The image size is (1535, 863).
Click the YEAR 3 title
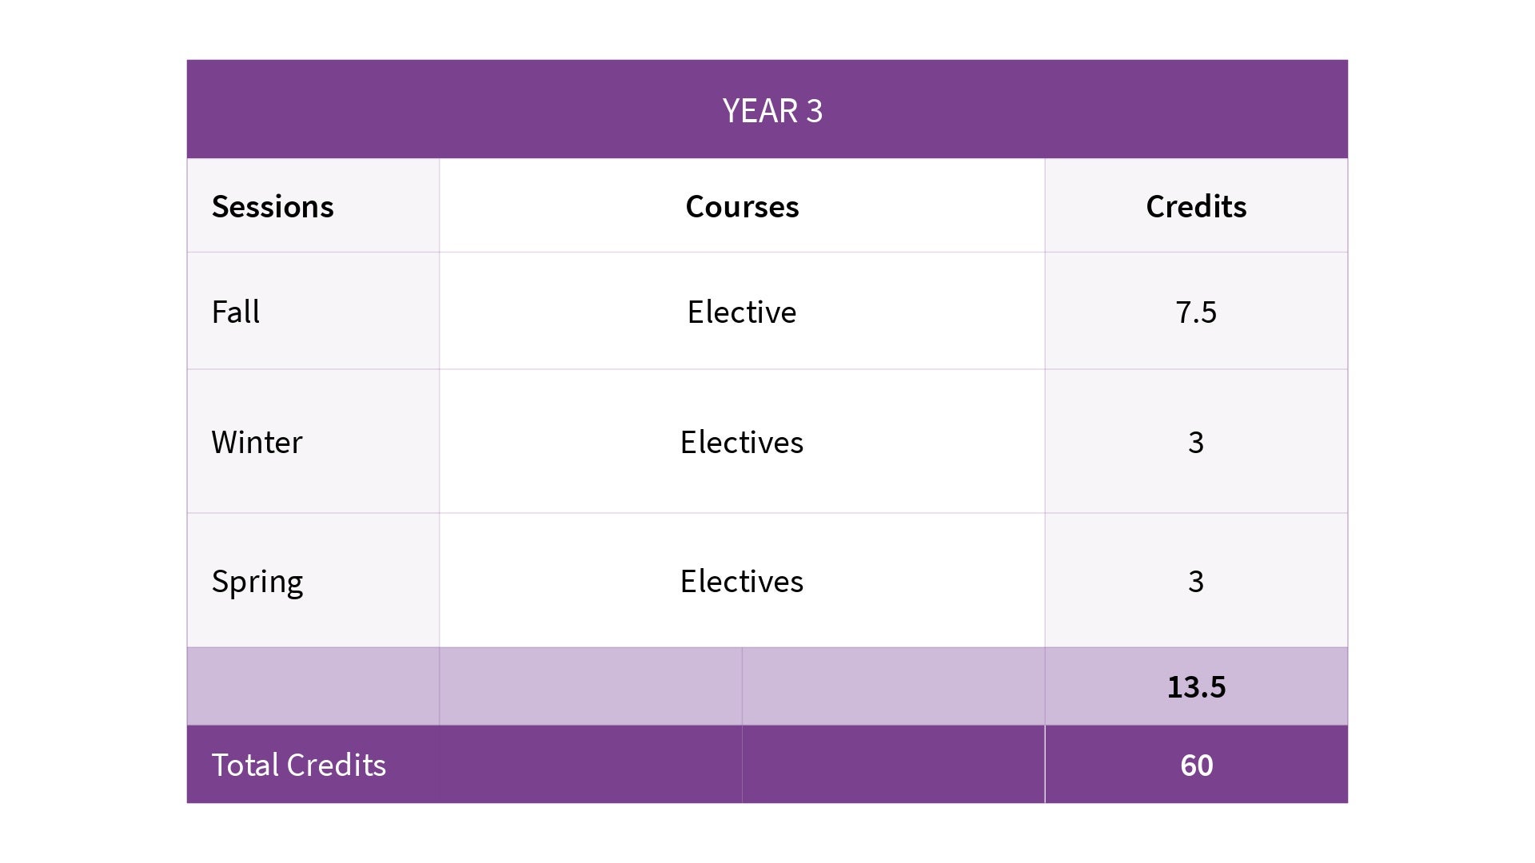[x=771, y=110]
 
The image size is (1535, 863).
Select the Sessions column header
[x=273, y=206]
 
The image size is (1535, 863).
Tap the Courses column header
[x=742, y=206]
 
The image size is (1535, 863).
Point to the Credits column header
[x=1195, y=206]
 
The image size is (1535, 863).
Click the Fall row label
[x=235, y=312]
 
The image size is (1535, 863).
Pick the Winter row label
[x=257, y=442]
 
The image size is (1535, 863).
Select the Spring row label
[x=257, y=581]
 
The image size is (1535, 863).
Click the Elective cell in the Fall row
[x=742, y=312]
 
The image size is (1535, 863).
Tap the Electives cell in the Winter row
[x=742, y=442]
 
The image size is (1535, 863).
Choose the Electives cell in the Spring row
[x=742, y=581]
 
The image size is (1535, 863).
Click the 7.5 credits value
[x=1195, y=312]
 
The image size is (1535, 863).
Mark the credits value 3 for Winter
[x=1195, y=442]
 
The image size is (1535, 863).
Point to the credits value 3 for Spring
[x=1195, y=581]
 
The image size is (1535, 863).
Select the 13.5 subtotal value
[x=1196, y=686]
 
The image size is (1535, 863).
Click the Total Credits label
[x=298, y=765]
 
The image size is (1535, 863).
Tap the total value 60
[x=1196, y=765]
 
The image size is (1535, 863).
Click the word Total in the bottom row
[x=245, y=765]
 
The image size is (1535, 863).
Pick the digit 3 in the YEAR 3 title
[x=814, y=110]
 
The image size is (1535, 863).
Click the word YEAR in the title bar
[x=760, y=110]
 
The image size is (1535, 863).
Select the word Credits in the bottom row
[x=337, y=765]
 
